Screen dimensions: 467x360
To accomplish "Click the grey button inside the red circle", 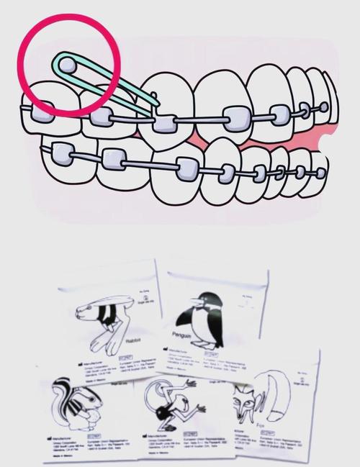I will pos(66,65).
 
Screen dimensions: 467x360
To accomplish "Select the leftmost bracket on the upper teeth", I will pos(41,112).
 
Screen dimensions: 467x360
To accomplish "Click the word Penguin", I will pos(184,335).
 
